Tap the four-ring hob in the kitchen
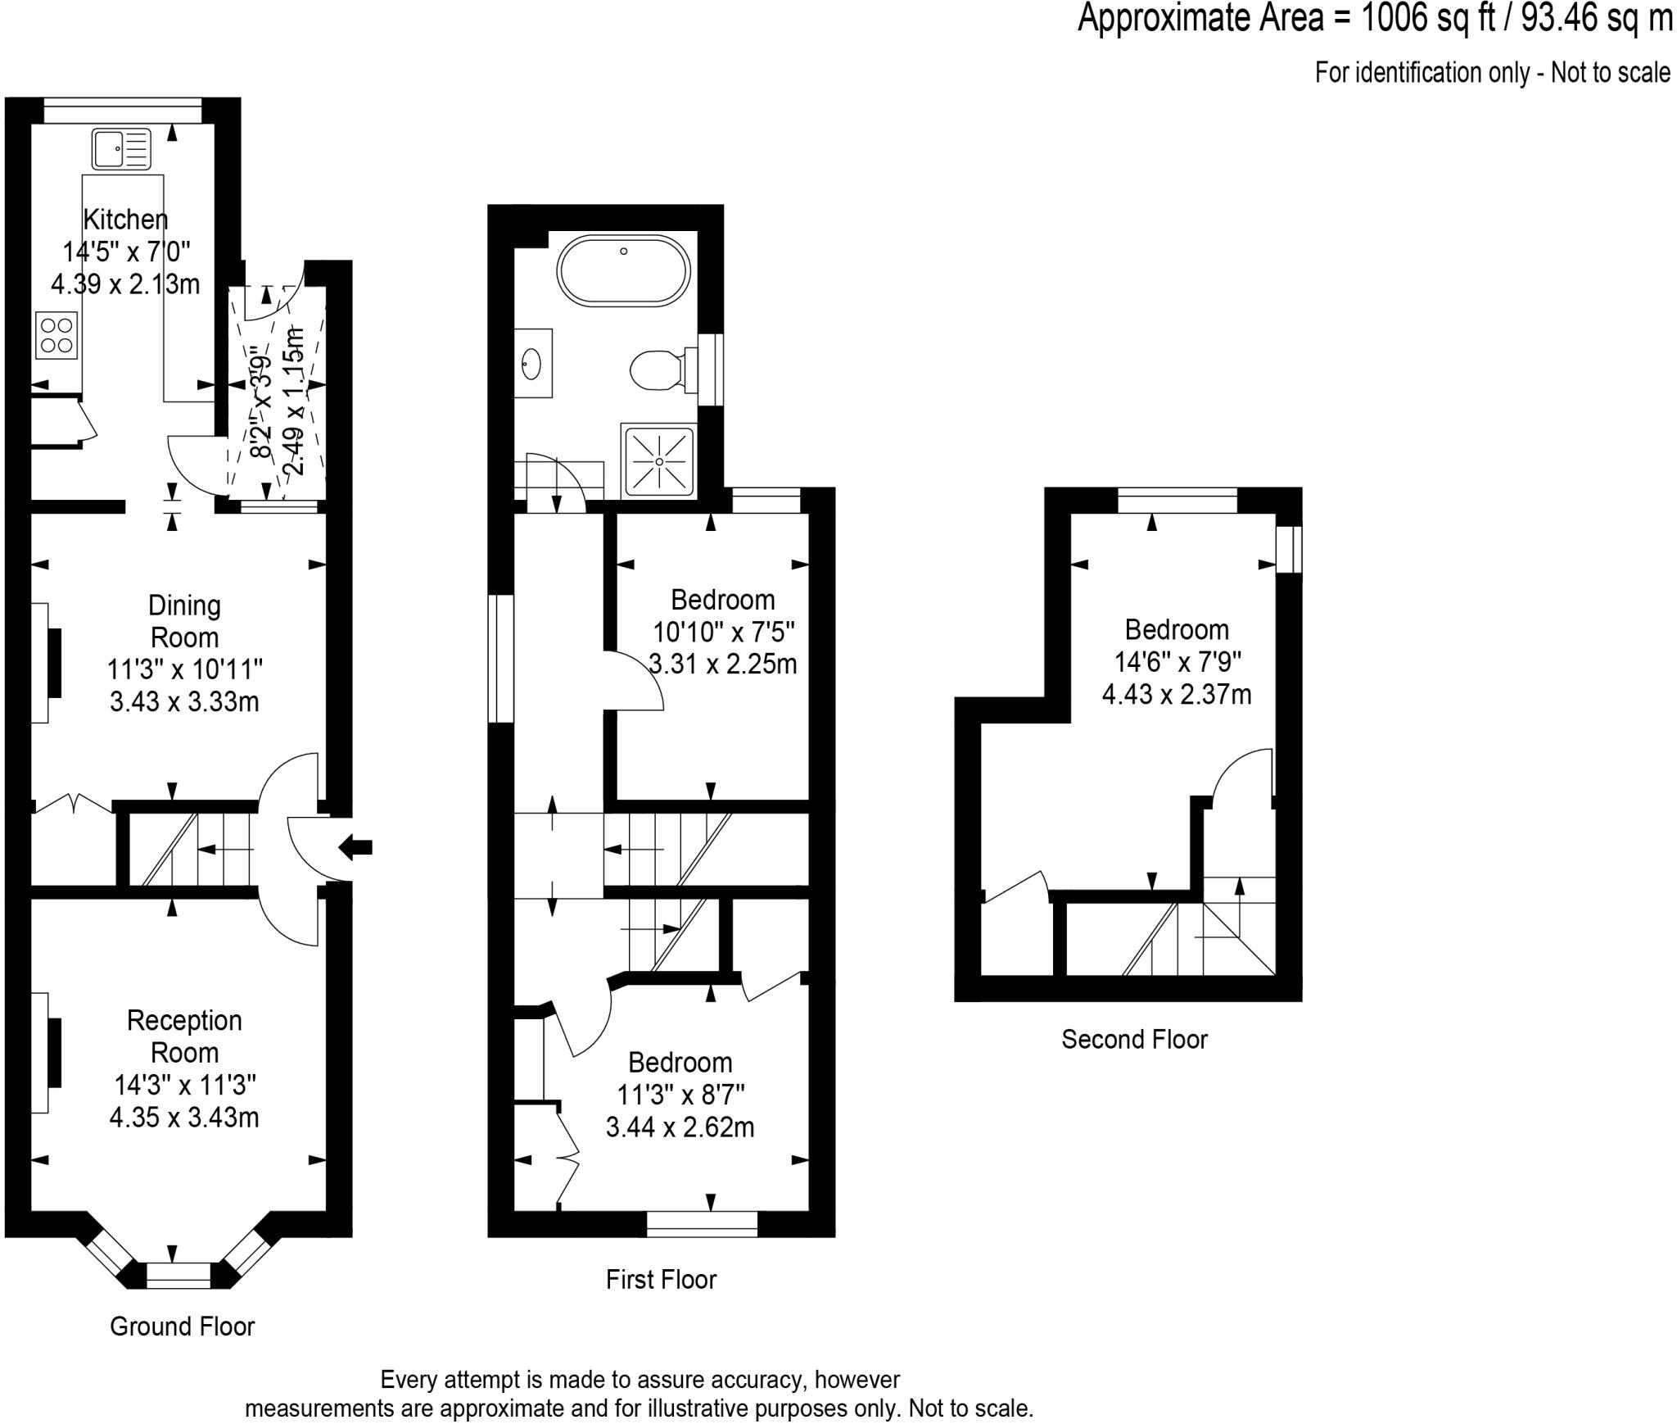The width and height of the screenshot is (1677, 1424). point(57,335)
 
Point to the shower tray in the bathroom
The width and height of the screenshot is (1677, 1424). point(658,461)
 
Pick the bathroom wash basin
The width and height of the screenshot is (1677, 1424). point(532,363)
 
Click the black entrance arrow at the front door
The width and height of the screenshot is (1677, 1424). point(355,847)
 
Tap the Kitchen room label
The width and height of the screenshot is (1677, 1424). point(125,220)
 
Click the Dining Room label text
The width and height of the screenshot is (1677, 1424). point(184,621)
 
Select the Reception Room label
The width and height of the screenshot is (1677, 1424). point(184,1036)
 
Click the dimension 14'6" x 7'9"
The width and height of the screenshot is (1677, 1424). point(1177,661)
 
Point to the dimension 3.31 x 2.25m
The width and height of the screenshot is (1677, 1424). point(722,664)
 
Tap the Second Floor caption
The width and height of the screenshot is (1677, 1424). point(1134,1040)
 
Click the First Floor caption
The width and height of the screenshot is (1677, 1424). point(661,1280)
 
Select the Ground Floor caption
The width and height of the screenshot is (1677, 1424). point(182,1326)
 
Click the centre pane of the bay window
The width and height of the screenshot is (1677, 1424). point(179,1276)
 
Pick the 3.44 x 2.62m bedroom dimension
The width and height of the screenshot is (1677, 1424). point(680,1127)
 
